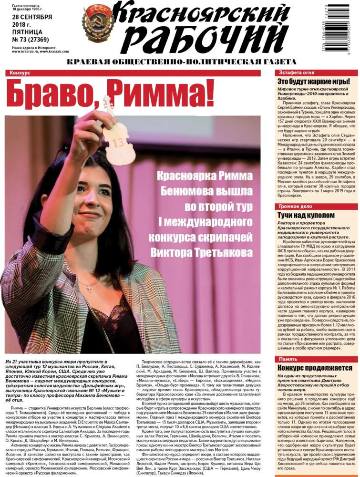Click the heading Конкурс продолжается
pyautogui.click(x=315, y=368)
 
